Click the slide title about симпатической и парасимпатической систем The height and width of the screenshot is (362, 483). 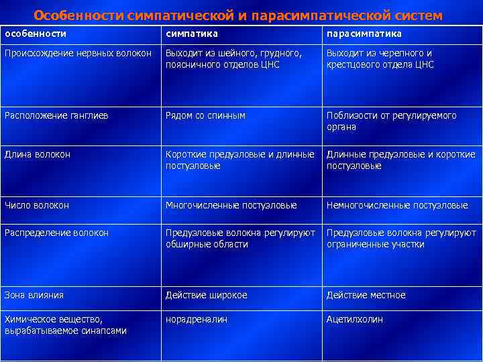(238, 14)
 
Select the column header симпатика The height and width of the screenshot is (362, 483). (192, 34)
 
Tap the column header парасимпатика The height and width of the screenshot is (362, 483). (364, 34)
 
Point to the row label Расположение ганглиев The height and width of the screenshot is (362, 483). (57, 115)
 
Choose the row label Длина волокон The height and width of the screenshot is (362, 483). (38, 154)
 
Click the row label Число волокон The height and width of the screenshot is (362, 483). (37, 205)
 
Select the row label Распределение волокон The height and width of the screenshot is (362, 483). (56, 233)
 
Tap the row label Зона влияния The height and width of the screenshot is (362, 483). (34, 294)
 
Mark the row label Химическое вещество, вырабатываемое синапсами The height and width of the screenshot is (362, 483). (66, 325)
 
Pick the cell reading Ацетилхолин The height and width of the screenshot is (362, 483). (355, 320)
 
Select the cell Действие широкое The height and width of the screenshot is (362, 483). (207, 295)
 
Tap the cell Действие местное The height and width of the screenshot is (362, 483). (366, 295)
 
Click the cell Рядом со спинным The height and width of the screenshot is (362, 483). (206, 115)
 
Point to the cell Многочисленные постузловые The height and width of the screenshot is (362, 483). (231, 205)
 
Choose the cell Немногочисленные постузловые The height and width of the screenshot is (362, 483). (397, 205)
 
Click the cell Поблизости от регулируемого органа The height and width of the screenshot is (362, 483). (391, 121)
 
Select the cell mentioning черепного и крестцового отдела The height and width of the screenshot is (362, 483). (380, 59)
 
